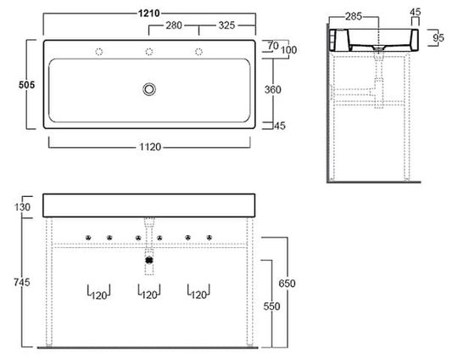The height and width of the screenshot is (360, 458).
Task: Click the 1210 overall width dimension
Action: point(149,13)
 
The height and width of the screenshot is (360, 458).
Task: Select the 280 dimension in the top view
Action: point(174,25)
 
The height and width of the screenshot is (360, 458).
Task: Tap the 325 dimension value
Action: point(226,25)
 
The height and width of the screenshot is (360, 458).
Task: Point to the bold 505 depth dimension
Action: point(26,85)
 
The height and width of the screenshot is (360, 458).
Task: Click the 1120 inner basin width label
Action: point(150,147)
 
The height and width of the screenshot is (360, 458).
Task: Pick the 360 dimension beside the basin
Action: point(273,89)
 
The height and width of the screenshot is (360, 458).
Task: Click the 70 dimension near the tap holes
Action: point(273,45)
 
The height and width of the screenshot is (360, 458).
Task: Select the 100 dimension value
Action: point(288,50)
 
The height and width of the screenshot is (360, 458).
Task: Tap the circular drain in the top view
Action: point(149,89)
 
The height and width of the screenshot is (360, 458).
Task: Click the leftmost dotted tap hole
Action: point(99,52)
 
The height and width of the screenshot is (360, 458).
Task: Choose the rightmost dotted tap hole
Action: point(199,52)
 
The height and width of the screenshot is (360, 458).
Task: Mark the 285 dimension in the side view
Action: point(354,16)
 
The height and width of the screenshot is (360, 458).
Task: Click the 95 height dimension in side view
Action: point(438,37)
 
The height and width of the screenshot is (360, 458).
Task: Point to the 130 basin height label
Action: point(22,207)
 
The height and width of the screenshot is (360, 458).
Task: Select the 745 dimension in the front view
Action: point(22,282)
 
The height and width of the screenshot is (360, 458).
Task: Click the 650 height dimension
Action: point(287,284)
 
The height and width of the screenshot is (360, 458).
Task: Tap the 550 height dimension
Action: point(271,307)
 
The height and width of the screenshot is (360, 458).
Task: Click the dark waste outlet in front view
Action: point(149,260)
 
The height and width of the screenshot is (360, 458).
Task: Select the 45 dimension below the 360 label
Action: point(280,126)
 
